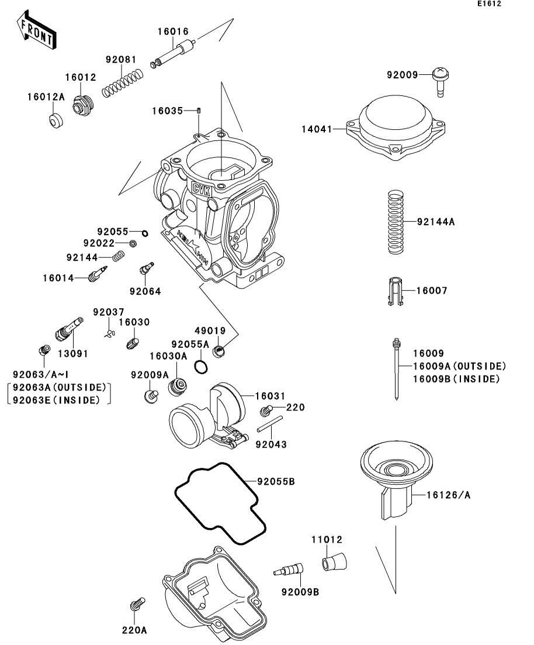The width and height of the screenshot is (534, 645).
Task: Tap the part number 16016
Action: [173, 32]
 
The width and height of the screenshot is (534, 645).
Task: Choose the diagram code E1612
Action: [489, 4]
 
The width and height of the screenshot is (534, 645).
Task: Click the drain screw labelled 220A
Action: [136, 605]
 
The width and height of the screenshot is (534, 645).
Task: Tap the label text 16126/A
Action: [448, 495]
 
